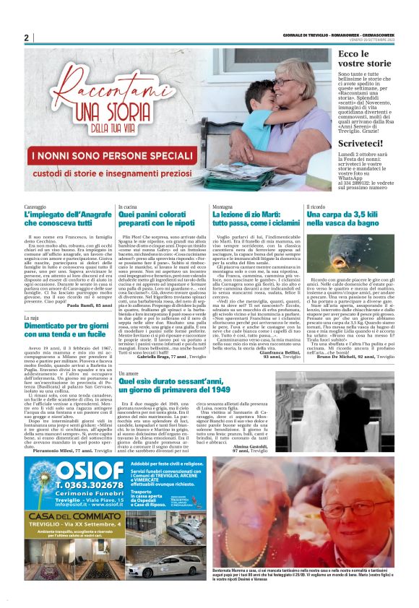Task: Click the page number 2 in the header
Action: [x=26, y=38]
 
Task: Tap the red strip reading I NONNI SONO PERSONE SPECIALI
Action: [x=124, y=173]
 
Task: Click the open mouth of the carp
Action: [x=358, y=253]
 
